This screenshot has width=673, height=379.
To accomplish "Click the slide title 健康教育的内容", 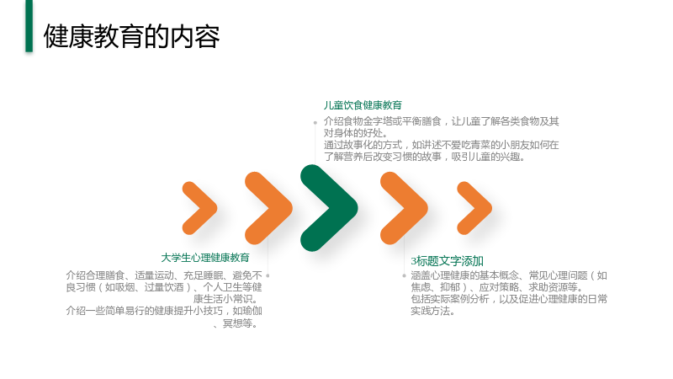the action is tap(131, 36).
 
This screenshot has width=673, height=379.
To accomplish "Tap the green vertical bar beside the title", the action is tap(29, 26).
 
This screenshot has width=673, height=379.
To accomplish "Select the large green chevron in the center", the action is tap(328, 208).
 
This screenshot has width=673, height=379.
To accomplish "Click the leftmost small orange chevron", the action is tap(199, 208).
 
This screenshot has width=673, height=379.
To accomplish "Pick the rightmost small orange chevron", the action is tap(474, 208).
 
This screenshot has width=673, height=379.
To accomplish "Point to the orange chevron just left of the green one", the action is tap(268, 208).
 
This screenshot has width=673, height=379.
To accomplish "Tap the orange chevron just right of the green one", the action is tap(404, 208).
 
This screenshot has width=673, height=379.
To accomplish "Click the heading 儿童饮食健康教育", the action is tap(363, 105).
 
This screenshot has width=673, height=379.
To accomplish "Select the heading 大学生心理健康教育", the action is tap(205, 258).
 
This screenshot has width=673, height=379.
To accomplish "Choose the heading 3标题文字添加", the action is tap(448, 261).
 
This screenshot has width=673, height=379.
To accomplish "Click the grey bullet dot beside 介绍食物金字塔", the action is tap(315, 122).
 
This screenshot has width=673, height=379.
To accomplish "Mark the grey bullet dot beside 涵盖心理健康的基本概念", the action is tap(404, 275).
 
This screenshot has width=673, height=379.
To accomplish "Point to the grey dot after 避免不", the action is tap(268, 275).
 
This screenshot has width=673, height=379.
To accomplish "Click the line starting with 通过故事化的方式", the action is tap(441, 145).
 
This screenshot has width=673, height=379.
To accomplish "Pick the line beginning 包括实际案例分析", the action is tap(509, 299).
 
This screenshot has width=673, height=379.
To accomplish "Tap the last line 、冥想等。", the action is tap(237, 323).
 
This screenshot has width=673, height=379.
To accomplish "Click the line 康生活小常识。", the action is tap(227, 299).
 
